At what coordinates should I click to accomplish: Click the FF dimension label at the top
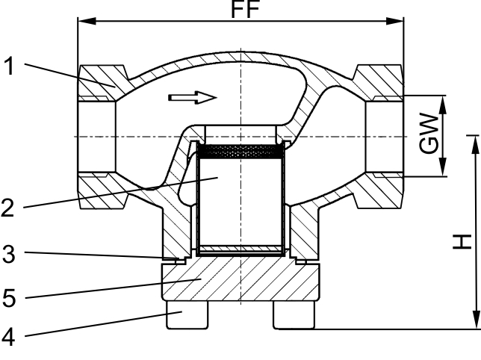tap(245, 9)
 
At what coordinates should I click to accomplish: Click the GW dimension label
tap(429, 134)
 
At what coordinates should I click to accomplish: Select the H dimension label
tap(462, 242)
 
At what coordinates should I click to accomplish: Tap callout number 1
tap(10, 66)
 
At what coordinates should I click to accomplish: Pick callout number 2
tap(7, 208)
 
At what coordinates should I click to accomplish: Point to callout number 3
tap(9, 254)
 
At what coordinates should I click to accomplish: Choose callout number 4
tap(8, 337)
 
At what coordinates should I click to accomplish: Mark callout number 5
tap(9, 297)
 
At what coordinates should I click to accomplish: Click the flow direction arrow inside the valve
tap(193, 98)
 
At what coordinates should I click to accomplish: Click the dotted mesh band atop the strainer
tap(240, 152)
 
